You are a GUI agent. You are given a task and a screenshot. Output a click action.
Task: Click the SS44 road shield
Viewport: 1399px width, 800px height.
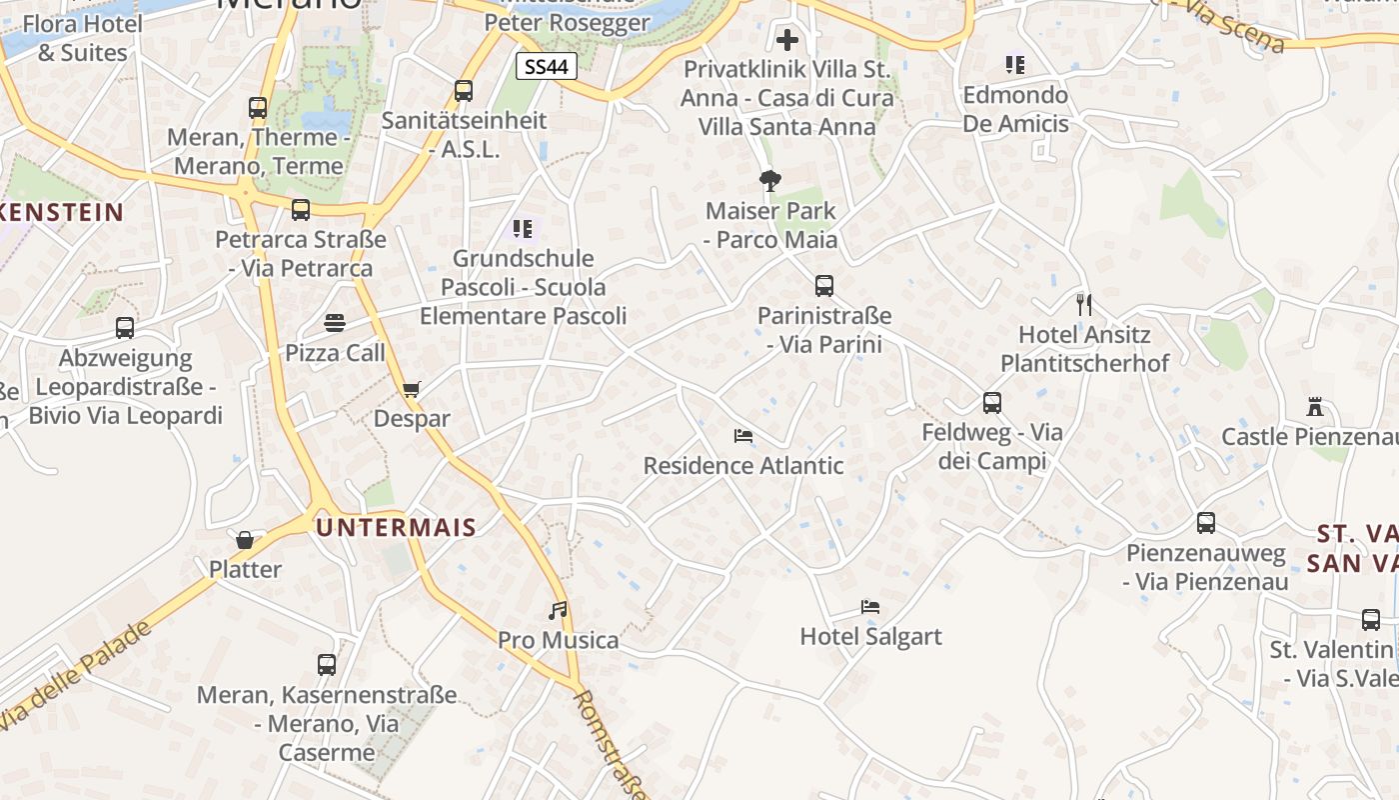pyautogui.click(x=547, y=67)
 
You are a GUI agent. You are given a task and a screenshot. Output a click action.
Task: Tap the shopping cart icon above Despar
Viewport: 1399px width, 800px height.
pyautogui.click(x=411, y=389)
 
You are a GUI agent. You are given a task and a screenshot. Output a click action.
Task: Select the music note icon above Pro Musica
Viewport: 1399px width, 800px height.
pyautogui.click(x=558, y=610)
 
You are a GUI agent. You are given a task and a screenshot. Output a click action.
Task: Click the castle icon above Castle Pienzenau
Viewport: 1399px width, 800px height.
pyautogui.click(x=1315, y=407)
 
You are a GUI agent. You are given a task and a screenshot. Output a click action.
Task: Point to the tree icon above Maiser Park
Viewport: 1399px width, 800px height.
pyautogui.click(x=769, y=181)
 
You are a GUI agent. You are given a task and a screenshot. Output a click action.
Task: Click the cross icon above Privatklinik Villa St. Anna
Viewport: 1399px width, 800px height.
pyautogui.click(x=787, y=40)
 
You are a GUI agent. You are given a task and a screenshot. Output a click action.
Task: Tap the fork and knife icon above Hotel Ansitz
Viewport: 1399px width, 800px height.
pyautogui.click(x=1084, y=304)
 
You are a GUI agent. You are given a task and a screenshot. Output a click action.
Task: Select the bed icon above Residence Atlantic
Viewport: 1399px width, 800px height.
pyautogui.click(x=742, y=436)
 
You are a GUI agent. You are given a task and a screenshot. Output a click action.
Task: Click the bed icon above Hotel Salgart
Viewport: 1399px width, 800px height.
pyautogui.click(x=870, y=607)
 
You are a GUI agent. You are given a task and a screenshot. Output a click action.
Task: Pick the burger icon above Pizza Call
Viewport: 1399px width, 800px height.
pyautogui.click(x=335, y=323)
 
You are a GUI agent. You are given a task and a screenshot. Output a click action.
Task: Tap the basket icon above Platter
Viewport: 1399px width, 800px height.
pyautogui.click(x=245, y=540)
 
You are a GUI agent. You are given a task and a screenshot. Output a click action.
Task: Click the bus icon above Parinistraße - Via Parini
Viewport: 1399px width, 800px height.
pyautogui.click(x=823, y=286)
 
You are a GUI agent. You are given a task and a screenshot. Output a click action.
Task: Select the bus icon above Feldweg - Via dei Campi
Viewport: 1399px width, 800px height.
pyautogui.click(x=991, y=403)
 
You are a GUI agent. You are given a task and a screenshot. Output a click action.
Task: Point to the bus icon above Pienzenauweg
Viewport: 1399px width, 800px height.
pyautogui.click(x=1206, y=523)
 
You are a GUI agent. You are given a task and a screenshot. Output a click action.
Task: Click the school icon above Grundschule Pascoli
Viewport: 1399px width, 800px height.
pyautogui.click(x=522, y=229)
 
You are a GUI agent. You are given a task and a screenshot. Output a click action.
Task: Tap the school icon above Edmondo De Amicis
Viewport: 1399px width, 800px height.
pyautogui.click(x=1015, y=65)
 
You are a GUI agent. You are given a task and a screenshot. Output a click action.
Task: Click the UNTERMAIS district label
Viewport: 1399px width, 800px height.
pyautogui.click(x=396, y=527)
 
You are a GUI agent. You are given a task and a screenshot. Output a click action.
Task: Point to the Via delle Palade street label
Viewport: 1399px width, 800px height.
pyautogui.click(x=75, y=675)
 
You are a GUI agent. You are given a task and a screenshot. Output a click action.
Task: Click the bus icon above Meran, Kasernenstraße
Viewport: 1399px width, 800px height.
pyautogui.click(x=327, y=664)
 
